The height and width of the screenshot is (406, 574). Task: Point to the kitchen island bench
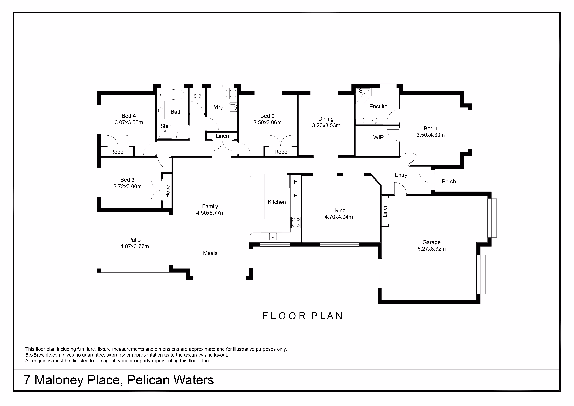coord(257,196)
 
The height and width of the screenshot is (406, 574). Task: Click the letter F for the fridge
coord(295,182)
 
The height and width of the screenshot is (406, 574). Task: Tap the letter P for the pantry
coord(295,195)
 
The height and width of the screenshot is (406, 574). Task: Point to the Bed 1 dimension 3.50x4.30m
coord(430,135)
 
